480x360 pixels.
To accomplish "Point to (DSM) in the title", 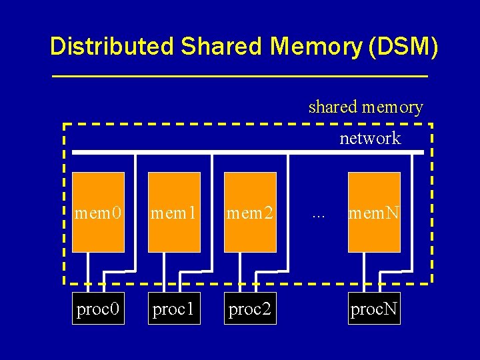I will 405,47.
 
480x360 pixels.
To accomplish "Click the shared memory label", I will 365,107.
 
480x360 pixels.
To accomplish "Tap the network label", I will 370,139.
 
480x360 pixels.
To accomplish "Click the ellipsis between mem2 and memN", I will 318,215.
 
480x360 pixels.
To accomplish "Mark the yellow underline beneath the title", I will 240,77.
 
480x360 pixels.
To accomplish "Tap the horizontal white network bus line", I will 247,153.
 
